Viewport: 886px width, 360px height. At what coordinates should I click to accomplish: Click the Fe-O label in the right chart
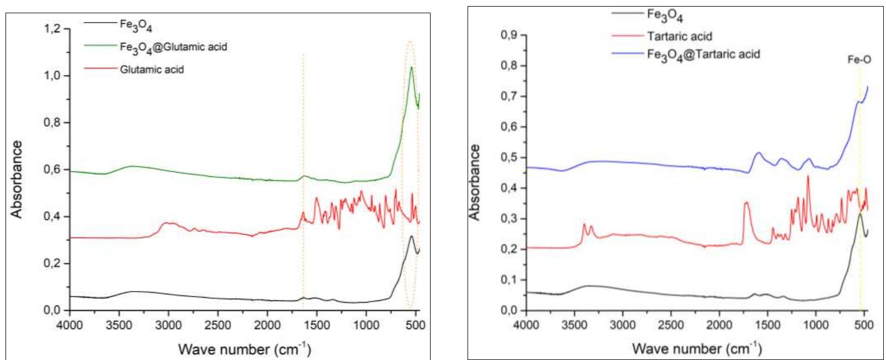[x=859, y=60]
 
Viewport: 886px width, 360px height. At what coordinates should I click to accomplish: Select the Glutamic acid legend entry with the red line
[x=152, y=69]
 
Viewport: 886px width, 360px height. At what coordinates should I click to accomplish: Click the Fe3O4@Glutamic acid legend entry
[x=173, y=47]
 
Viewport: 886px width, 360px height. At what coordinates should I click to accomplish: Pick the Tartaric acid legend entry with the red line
[x=679, y=36]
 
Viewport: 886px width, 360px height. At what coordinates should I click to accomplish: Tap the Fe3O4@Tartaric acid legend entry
[x=703, y=54]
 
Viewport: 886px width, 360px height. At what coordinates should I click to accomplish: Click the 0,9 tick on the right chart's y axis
[x=509, y=35]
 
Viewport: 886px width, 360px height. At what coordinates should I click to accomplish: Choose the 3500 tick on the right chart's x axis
[x=574, y=325]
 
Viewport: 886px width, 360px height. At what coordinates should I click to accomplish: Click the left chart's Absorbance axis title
[x=18, y=179]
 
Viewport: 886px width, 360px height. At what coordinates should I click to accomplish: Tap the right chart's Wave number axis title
[x=696, y=348]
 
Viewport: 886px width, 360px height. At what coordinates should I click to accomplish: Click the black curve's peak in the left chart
[x=411, y=237]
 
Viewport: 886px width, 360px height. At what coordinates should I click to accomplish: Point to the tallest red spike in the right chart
[x=808, y=176]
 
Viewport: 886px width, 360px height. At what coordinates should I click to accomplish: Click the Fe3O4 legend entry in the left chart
[x=136, y=24]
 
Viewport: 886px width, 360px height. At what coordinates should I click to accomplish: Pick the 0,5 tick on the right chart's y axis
[x=509, y=158]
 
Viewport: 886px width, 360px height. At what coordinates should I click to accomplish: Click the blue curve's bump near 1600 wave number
[x=759, y=153]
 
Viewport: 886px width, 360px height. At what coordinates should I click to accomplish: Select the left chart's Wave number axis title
[x=244, y=349]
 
